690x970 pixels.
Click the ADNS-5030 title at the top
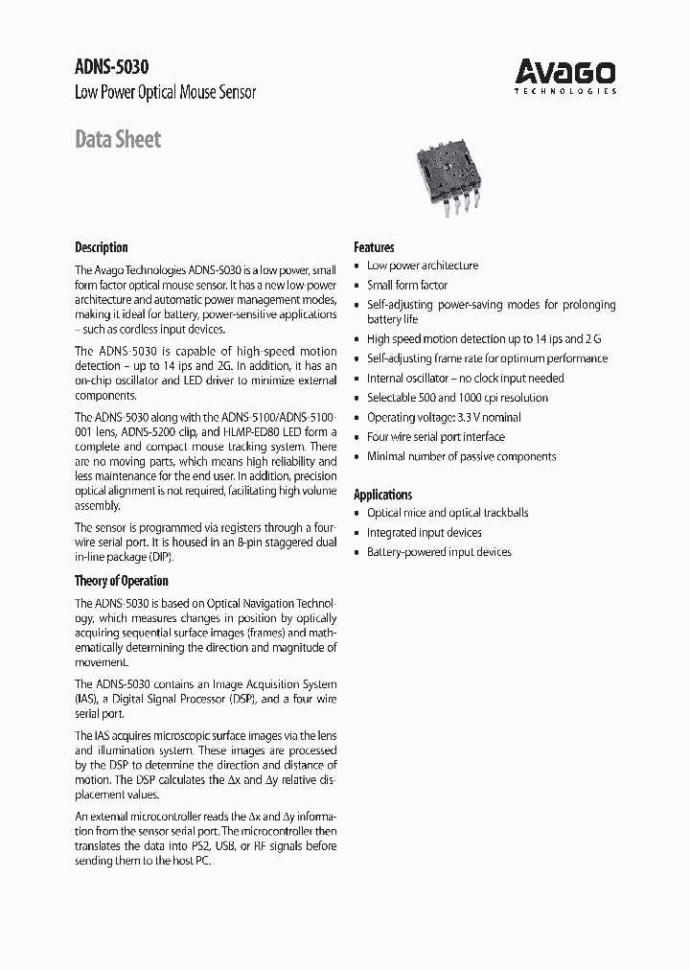111,67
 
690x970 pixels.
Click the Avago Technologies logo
565,75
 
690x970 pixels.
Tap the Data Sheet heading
118,140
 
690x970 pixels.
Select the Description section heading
102,247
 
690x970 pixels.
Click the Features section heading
374,247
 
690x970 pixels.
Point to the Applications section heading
383,495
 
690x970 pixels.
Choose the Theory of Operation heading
122,581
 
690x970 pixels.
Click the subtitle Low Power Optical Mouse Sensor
165,93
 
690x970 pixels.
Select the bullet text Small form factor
407,286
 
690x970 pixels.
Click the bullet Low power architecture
423,266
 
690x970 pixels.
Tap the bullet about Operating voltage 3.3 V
444,417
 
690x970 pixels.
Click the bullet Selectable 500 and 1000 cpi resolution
457,398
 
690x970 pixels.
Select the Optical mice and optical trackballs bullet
448,513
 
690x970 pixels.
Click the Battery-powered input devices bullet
439,552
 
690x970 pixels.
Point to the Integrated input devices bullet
425,533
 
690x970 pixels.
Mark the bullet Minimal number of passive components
461,456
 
